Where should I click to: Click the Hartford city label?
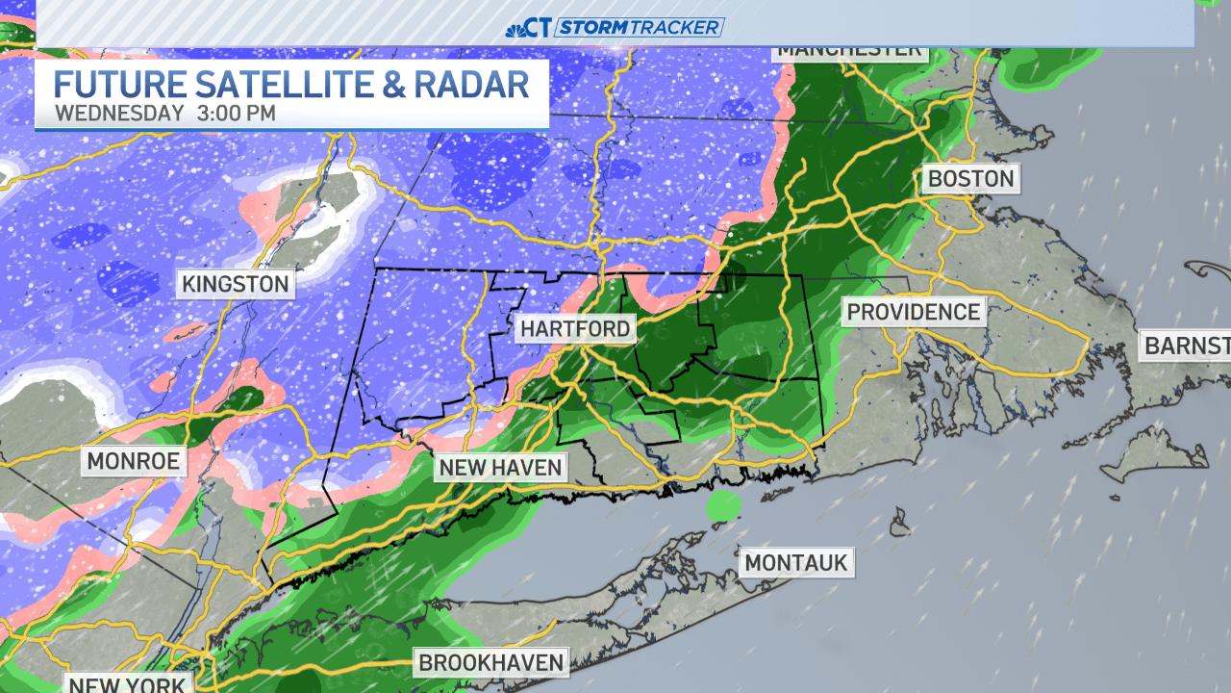coord(575,329)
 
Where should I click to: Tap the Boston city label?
coord(969,179)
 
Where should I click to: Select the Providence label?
coord(914,312)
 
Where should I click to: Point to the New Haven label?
coord(499,469)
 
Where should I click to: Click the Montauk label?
coord(797,562)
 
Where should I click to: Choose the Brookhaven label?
coord(490,662)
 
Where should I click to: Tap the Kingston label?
coord(236,284)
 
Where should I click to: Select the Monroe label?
coord(133,461)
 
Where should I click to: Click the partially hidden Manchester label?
coord(849,51)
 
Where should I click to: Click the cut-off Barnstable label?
coord(1185,346)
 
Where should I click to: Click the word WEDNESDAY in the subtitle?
coord(119,114)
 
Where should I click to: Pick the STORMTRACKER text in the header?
coord(640,27)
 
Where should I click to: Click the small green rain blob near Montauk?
coord(723,504)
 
